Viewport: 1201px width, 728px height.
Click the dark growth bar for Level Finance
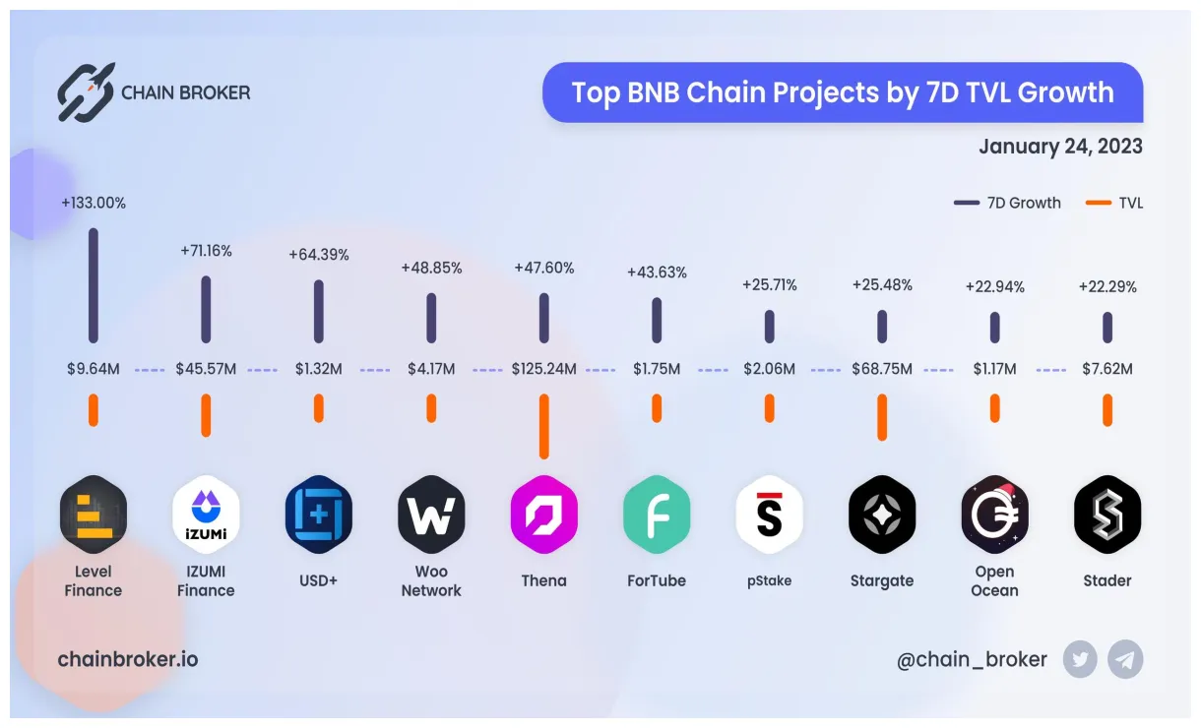(x=94, y=285)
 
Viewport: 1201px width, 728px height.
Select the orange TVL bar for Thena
(x=543, y=426)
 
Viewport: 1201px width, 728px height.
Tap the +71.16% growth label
(x=206, y=251)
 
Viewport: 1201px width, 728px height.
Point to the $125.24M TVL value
(x=543, y=370)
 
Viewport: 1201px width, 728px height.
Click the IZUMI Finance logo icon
(x=206, y=514)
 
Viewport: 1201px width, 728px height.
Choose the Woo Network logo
(x=431, y=514)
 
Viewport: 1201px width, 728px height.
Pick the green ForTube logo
(x=657, y=514)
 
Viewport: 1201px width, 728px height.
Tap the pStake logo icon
(x=769, y=514)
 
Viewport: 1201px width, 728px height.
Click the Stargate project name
(x=882, y=580)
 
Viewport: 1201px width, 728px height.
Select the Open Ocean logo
(x=994, y=514)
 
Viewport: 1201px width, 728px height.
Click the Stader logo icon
(x=1107, y=514)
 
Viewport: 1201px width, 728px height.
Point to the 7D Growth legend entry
(x=1008, y=203)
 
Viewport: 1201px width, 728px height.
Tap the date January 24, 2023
(x=1060, y=147)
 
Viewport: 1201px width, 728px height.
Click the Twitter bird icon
(x=1080, y=660)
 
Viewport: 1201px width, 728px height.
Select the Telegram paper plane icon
(x=1125, y=660)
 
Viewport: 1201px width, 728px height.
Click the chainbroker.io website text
(x=128, y=659)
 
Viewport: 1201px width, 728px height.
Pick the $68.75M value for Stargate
(x=882, y=370)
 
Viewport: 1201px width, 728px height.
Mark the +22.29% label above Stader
(x=1107, y=287)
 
